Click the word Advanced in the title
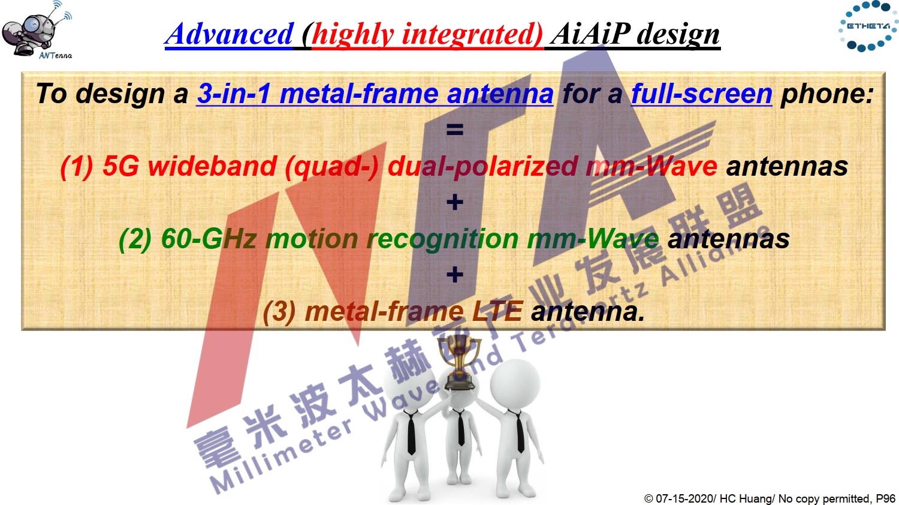(x=229, y=34)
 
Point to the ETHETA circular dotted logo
(x=868, y=26)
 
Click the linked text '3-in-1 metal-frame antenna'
(x=375, y=94)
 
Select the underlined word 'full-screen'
(x=702, y=94)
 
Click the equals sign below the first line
(x=455, y=130)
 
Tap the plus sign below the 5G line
(x=455, y=202)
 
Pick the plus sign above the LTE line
(x=455, y=275)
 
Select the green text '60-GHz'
(x=209, y=239)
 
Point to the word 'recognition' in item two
(x=443, y=239)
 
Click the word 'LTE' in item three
(x=497, y=311)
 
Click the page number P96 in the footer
(x=886, y=498)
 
